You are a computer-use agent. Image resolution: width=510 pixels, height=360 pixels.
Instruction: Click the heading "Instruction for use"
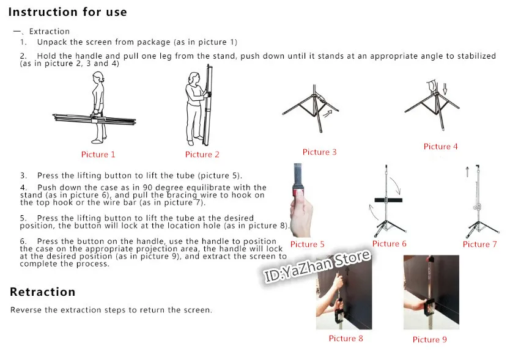[68, 12]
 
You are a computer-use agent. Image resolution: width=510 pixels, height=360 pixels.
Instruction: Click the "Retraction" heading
[43, 292]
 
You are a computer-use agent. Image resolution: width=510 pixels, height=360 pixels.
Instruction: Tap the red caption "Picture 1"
[98, 154]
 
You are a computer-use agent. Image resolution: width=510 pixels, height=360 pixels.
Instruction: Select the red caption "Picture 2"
[202, 154]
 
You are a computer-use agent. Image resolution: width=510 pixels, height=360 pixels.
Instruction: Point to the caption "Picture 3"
[319, 152]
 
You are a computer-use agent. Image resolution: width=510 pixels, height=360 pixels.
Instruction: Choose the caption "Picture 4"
[440, 146]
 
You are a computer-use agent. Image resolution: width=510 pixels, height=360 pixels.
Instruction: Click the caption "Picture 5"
[308, 244]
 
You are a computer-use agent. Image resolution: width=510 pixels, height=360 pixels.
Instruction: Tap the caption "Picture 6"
[390, 244]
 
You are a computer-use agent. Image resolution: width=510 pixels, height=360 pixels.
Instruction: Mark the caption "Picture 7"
[480, 244]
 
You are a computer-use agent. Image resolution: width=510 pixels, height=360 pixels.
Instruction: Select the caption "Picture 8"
[346, 338]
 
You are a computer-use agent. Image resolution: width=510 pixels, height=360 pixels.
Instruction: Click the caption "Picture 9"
[430, 339]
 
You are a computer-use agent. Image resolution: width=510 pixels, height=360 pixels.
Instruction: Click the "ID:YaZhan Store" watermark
[317, 266]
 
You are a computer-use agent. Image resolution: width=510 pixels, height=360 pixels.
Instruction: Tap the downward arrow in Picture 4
[445, 89]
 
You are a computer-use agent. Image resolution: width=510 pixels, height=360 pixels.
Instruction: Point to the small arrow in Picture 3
[328, 114]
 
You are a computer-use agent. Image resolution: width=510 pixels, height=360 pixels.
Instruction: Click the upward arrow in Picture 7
[467, 172]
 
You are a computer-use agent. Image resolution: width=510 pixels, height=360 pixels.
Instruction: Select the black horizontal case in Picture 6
[388, 200]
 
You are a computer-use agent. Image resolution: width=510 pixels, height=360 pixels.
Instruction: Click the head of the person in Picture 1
[98, 78]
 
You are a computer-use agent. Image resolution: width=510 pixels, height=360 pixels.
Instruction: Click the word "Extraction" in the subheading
[50, 31]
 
